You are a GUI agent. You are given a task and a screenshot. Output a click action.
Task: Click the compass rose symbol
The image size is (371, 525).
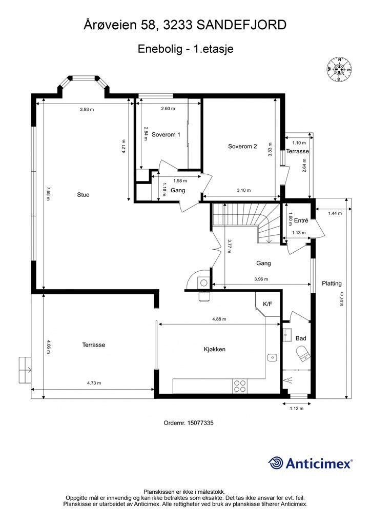pos(339,70)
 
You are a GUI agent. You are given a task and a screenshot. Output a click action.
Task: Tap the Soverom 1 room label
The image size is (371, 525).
pos(166,135)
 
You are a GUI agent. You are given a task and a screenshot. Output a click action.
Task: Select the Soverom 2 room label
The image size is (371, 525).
pos(242,146)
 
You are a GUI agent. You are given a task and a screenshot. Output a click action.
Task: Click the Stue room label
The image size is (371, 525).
pos(84,195)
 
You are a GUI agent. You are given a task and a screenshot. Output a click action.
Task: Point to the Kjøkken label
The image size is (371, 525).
pos(215,349)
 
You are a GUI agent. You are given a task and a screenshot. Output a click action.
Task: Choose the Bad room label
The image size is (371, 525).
pos(301,338)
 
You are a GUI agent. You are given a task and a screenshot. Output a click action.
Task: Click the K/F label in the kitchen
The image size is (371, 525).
pos(267,304)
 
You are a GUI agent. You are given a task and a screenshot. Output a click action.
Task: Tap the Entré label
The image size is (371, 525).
pos(301,220)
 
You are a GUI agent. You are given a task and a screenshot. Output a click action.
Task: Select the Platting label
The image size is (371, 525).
pos(332,284)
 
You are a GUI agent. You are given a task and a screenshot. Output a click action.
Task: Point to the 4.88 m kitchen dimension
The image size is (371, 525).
pos(219,319)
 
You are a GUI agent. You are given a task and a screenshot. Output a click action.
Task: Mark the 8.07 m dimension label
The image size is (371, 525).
pos(341,299)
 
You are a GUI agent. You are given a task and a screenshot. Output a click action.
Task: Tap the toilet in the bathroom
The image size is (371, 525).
pos(303,354)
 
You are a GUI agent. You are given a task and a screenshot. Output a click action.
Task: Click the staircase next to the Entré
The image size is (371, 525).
pos(246,223)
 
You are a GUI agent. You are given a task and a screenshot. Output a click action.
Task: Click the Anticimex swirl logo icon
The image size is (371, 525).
pos(275,463)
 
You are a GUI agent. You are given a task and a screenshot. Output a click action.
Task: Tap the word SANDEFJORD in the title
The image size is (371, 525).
pos(241,25)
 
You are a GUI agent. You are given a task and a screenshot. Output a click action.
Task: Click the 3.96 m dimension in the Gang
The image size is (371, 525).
pos(261,279)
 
